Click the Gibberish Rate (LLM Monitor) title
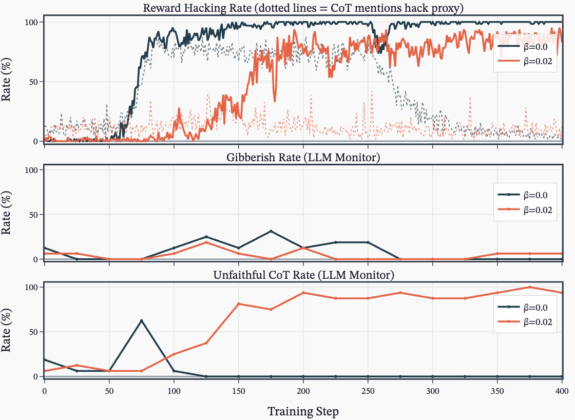[x=303, y=158]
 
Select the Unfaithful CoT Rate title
[x=303, y=275]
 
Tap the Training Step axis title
[x=303, y=411]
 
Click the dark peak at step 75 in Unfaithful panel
[x=142, y=320]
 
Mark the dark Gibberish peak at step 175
[x=271, y=231]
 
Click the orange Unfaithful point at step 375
[x=530, y=287]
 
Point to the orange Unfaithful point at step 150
[x=239, y=304]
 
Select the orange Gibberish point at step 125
[x=206, y=242]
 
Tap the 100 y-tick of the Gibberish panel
[x=31, y=170]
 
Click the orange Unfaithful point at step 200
[x=303, y=293]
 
